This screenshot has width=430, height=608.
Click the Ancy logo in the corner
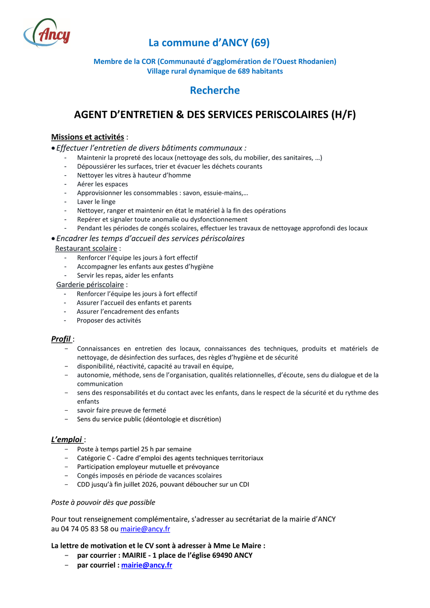[47, 33]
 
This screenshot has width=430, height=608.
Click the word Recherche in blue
[215, 90]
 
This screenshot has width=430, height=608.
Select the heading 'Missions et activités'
[87, 137]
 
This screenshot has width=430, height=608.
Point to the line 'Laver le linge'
[96, 202]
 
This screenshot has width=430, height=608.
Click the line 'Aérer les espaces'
[102, 184]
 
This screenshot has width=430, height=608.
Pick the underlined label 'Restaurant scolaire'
[86, 248]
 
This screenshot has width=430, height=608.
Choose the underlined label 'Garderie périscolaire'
[90, 285]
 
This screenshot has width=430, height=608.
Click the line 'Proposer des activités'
[109, 320]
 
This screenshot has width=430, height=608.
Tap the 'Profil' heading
[61, 339]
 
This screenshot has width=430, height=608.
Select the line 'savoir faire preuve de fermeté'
[121, 410]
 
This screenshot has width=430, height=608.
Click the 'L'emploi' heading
[66, 439]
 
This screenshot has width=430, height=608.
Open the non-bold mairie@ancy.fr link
[145, 529]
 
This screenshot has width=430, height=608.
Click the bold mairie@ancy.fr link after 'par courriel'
[146, 565]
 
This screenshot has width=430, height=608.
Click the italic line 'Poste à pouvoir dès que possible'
[103, 502]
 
